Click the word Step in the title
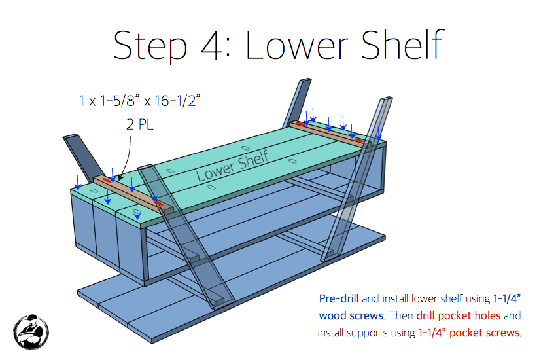150,45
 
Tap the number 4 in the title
213,45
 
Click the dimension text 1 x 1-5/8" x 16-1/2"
140,101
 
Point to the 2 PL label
140,124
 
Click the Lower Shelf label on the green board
232,166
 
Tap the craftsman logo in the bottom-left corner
31,332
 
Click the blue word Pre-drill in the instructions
339,298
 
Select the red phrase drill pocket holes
458,315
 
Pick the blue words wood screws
351,315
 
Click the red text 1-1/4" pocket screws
470,333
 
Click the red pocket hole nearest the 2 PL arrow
107,181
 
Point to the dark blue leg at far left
83,156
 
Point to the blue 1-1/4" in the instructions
507,298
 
